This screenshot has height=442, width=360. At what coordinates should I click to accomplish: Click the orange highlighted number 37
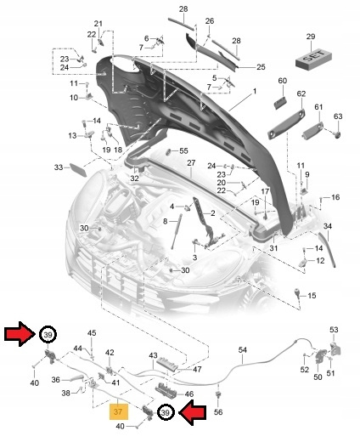(119, 411)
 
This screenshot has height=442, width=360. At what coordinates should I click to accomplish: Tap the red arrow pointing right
(20, 334)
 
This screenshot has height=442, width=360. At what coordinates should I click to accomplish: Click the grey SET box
(313, 59)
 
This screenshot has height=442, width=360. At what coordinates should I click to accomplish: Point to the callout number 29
(311, 37)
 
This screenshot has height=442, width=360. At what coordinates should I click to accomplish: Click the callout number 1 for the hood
(255, 91)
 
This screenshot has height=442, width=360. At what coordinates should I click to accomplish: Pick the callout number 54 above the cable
(243, 350)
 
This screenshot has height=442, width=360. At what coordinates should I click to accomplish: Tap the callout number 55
(183, 150)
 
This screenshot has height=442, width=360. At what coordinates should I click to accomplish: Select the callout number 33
(59, 167)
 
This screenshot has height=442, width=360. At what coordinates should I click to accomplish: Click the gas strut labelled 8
(176, 231)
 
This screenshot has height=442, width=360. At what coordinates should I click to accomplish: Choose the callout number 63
(338, 116)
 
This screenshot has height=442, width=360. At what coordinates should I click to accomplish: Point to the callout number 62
(301, 93)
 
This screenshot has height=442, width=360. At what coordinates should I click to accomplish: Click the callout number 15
(312, 296)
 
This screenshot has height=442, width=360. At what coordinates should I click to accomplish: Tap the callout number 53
(334, 330)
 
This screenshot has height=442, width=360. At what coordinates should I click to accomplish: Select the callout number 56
(218, 411)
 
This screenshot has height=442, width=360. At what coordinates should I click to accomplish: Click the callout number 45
(92, 333)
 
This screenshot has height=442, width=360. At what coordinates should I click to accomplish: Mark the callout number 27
(191, 163)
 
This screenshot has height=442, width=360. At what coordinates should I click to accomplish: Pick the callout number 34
(328, 226)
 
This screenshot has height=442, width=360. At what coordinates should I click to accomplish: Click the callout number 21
(98, 24)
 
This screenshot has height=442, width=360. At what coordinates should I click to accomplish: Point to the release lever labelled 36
(73, 378)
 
